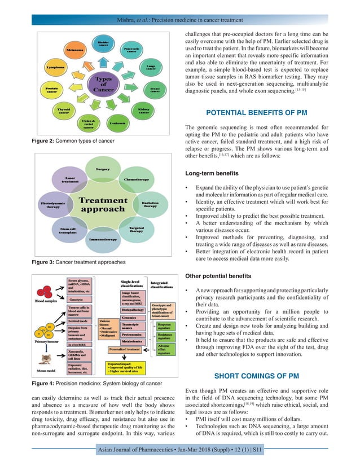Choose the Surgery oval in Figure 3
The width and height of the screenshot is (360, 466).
103,169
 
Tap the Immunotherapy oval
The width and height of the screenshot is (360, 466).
103,239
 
